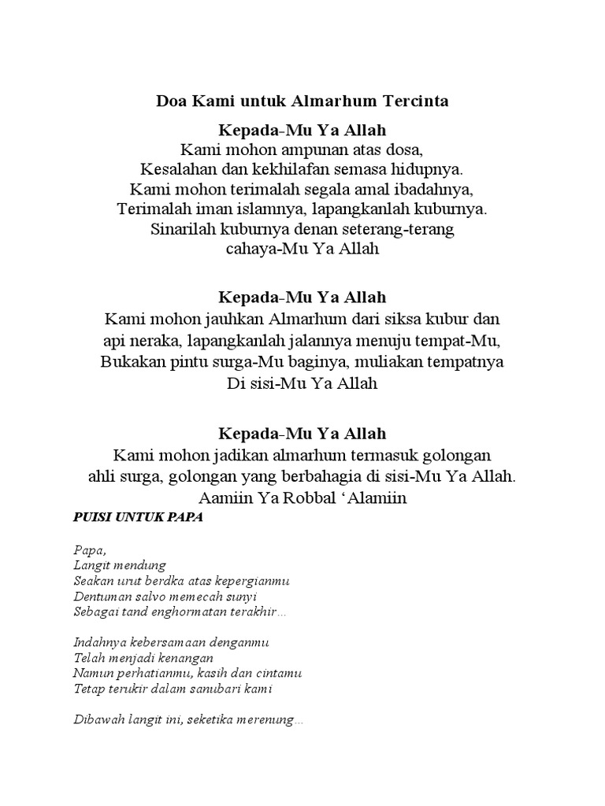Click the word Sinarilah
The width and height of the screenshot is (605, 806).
pyautogui.click(x=181, y=231)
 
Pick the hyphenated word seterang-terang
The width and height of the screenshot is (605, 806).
pyautogui.click(x=403, y=231)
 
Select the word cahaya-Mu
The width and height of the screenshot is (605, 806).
pyautogui.click(x=260, y=251)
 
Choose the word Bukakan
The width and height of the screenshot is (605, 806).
pyautogui.click(x=131, y=362)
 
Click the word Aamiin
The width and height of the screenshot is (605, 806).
pyautogui.click(x=228, y=498)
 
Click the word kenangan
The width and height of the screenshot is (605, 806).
pyautogui.click(x=187, y=658)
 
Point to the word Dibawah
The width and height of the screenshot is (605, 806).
pyautogui.click(x=98, y=720)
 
